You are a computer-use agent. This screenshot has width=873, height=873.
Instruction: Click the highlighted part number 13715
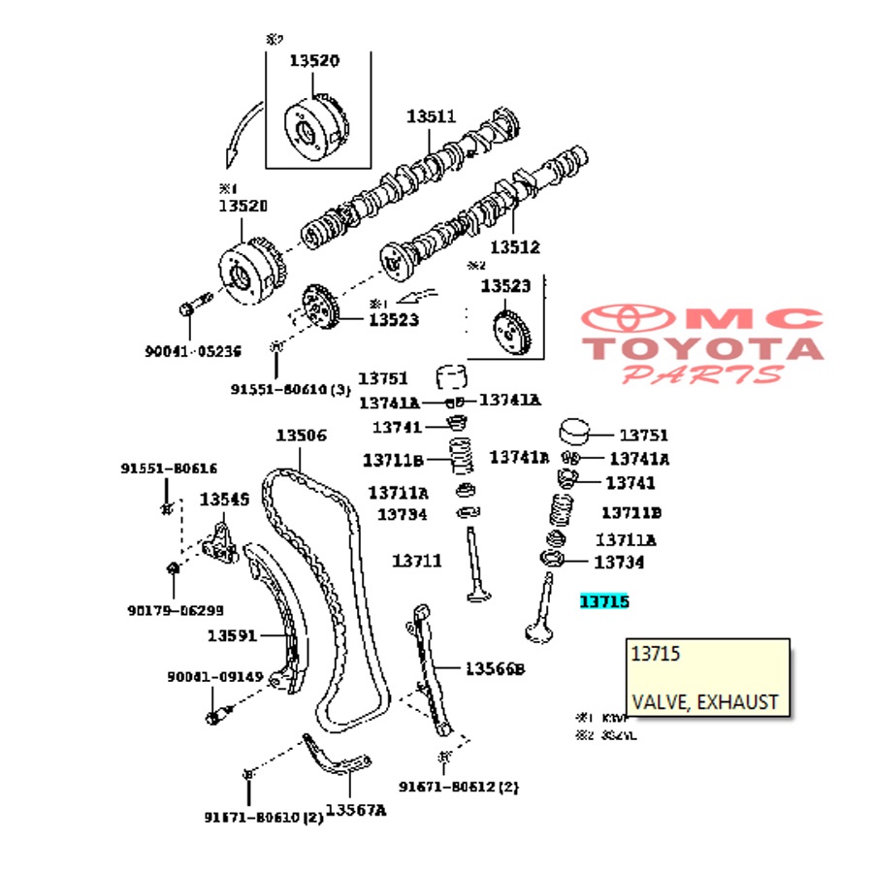point(604,602)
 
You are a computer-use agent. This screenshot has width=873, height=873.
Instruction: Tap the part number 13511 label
point(431,116)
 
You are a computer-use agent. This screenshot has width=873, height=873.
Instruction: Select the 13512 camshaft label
point(514,247)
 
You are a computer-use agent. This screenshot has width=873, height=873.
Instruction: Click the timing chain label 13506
point(301,436)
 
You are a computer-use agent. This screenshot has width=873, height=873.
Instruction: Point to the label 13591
point(232,636)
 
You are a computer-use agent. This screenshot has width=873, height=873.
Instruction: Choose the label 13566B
point(494,668)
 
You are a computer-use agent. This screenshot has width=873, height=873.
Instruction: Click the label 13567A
point(355,810)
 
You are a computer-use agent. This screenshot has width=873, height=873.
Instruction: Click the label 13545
point(224,500)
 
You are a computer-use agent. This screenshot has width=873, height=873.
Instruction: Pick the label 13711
point(417,561)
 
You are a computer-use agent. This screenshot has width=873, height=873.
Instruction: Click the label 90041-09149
point(214,677)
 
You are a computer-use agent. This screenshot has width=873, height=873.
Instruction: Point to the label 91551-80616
point(169,469)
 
